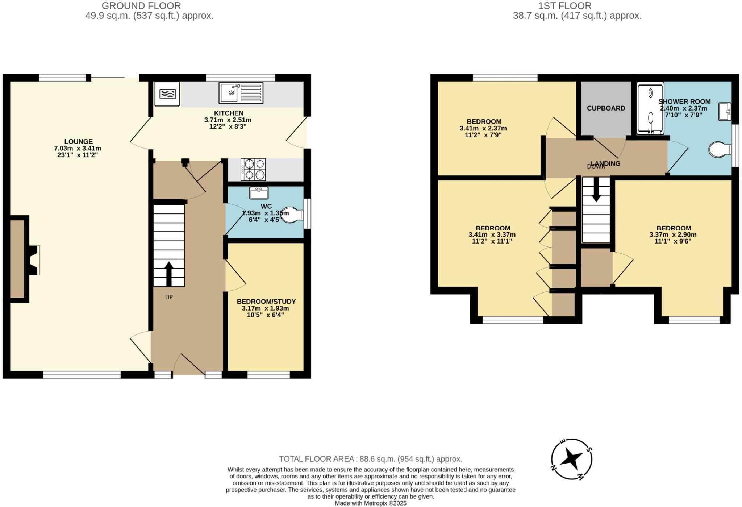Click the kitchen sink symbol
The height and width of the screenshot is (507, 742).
[x=241, y=92]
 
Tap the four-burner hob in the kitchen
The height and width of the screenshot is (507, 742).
[x=253, y=169]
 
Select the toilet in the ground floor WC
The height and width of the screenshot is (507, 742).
[x=292, y=215]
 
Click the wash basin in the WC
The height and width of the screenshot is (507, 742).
[x=259, y=193]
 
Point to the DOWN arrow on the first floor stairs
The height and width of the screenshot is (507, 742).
[x=596, y=194]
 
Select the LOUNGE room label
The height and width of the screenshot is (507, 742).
[x=78, y=142]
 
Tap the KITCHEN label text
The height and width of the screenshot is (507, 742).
[x=229, y=113]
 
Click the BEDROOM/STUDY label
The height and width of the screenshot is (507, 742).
[x=266, y=302]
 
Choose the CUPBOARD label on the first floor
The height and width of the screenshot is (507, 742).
[x=606, y=108]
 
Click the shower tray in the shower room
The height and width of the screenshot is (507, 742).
[x=650, y=108]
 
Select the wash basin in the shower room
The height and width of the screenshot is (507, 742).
[x=725, y=111]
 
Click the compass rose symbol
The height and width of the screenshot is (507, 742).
[x=571, y=460]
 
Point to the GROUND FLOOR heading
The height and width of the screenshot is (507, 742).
[x=141, y=6]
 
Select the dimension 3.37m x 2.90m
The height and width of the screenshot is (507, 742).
[x=673, y=234]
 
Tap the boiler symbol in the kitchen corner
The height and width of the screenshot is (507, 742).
[x=167, y=94]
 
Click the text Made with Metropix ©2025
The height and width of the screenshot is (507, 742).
[x=370, y=503]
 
